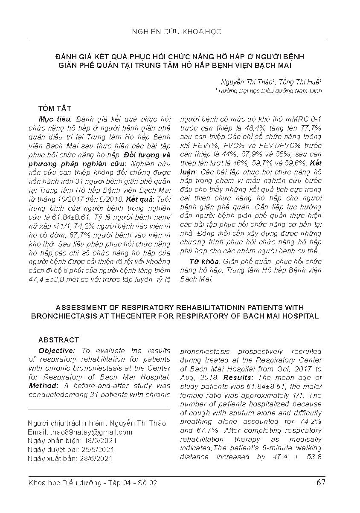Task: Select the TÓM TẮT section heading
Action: point(55,108)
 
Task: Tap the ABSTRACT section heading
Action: point(58,340)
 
